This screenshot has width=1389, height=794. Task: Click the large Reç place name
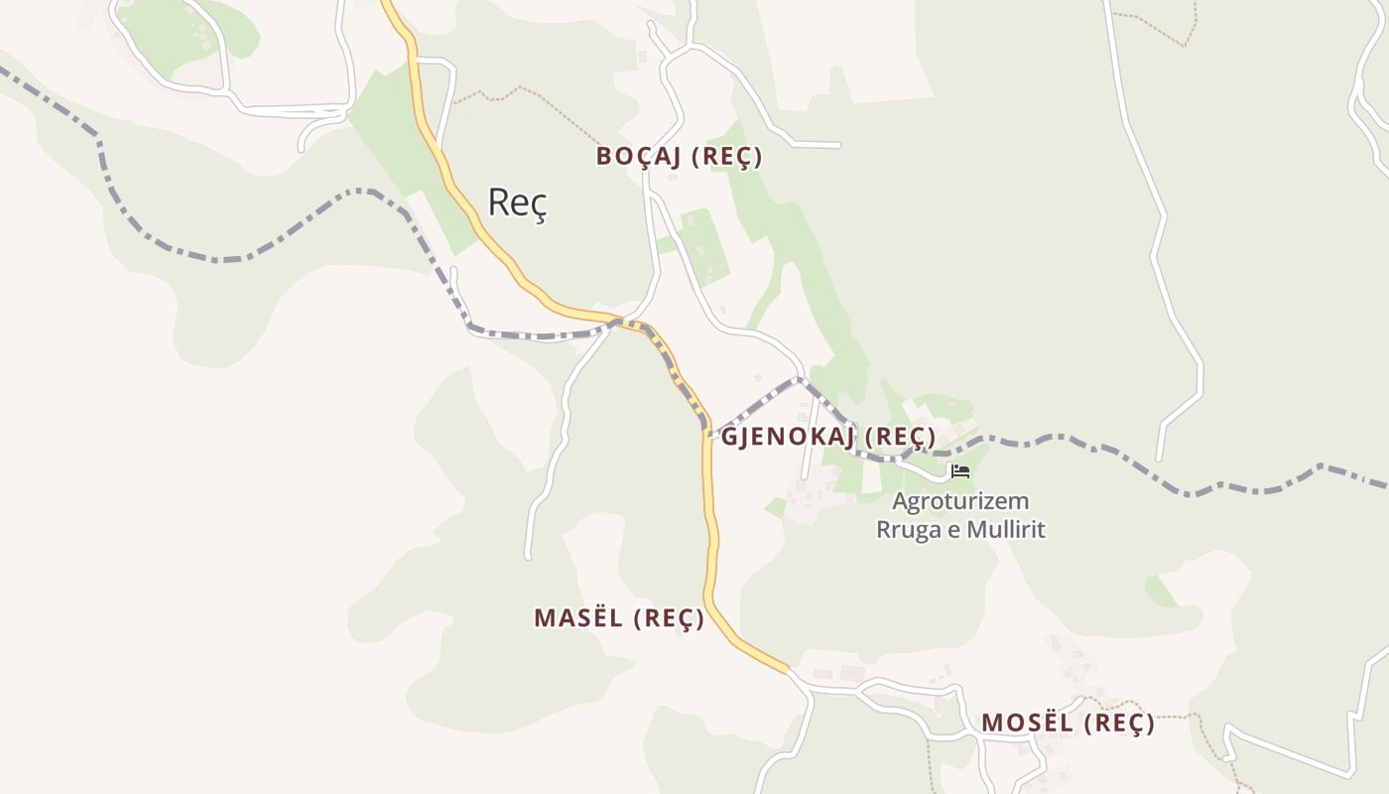[517, 203]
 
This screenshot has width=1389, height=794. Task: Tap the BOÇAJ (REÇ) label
[679, 157]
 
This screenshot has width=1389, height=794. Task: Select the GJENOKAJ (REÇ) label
[828, 437]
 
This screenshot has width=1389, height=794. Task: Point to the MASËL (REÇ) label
[619, 618]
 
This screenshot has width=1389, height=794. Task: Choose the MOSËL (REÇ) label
[1068, 724]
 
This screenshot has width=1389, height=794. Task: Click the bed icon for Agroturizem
[959, 471]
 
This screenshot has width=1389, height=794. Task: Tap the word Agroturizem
[960, 501]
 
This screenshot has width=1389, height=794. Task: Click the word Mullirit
[1005, 529]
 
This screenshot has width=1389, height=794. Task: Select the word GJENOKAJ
[789, 437]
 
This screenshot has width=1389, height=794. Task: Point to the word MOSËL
[1028, 724]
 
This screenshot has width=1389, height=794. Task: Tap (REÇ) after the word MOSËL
[1119, 724]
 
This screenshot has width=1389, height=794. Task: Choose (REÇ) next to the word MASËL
[669, 618]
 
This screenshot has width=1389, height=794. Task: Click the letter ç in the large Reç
[539, 205]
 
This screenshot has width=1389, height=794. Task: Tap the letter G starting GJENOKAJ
[729, 437]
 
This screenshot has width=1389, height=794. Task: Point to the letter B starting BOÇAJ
[603, 157]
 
